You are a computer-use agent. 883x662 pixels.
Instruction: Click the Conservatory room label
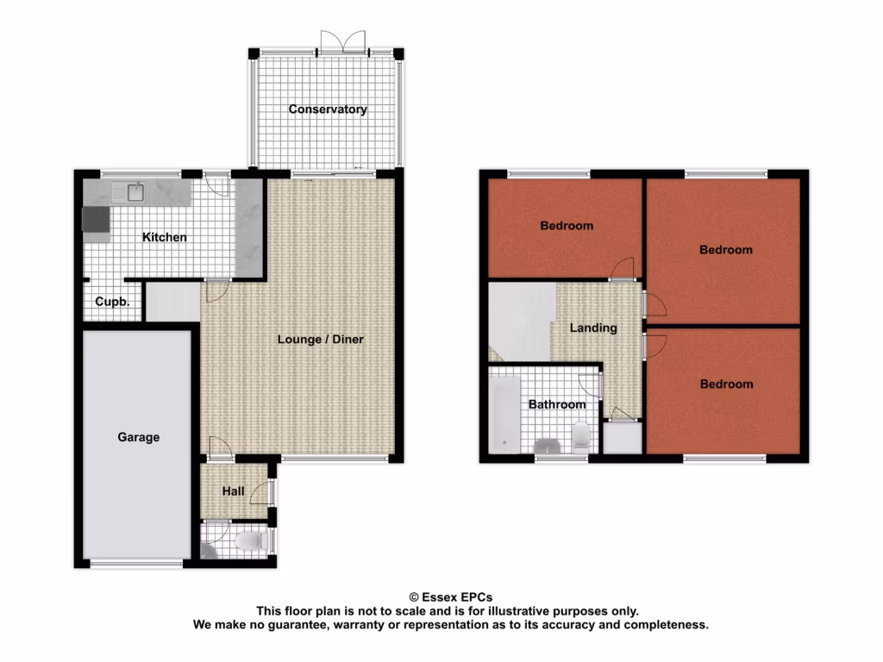[328, 109]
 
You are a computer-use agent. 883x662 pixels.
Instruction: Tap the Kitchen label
[165, 237]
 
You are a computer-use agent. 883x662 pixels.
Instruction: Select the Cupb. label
[113, 303]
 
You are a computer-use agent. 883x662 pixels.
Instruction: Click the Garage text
[139, 437]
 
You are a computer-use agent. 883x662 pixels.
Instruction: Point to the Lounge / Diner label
[321, 340]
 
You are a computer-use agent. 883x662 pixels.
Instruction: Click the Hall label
[234, 492]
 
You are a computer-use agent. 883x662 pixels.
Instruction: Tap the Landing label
[593, 328]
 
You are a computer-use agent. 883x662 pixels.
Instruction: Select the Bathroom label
[557, 404]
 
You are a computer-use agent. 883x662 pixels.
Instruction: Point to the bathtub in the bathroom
[504, 414]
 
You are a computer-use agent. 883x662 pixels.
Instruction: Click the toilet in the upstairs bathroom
[580, 436]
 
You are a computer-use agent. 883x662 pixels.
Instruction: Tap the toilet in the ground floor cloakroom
[250, 541]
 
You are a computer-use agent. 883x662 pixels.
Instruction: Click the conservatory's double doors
[342, 43]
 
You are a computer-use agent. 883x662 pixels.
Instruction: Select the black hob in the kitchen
[96, 222]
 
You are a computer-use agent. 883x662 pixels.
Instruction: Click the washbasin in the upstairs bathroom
[548, 446]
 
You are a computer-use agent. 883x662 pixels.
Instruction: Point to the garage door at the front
[136, 564]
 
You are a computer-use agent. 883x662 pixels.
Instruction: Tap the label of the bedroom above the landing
[567, 226]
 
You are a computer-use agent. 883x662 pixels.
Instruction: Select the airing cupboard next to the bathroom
[622, 438]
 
